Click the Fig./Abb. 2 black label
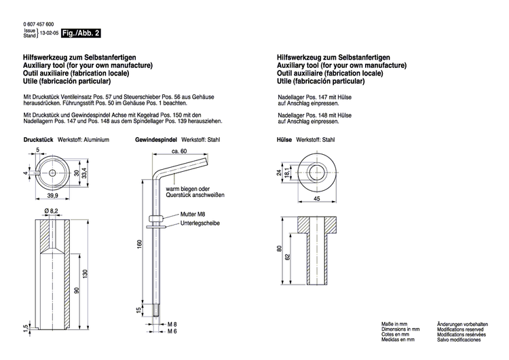click(81, 33)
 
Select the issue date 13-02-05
click(50, 33)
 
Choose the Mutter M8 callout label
click(193, 215)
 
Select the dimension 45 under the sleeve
click(316, 199)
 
